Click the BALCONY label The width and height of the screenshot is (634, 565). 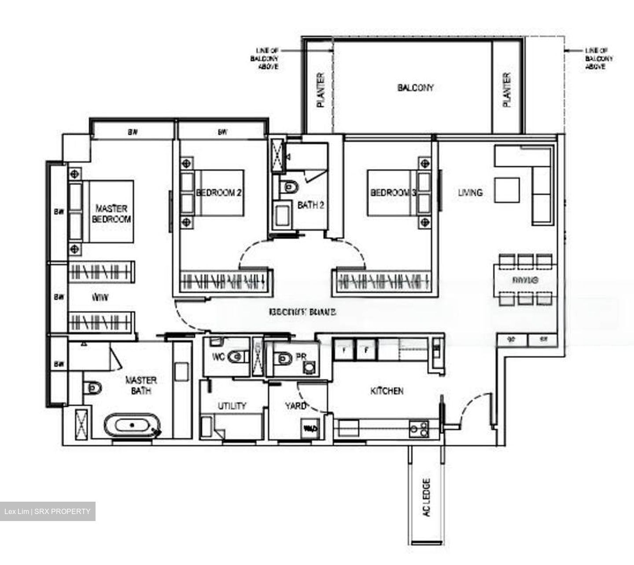click(415, 88)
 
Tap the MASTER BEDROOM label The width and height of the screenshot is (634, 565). click(111, 214)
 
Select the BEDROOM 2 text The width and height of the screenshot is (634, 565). click(219, 193)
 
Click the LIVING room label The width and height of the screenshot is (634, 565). click(470, 193)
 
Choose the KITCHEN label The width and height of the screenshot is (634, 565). click(387, 391)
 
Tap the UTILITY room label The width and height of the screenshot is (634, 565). click(232, 406)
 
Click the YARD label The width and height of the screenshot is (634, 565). click(295, 406)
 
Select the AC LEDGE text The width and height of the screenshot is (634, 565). click(426, 497)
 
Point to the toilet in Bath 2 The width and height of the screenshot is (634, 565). click(290, 187)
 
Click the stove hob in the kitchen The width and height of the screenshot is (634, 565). click(419, 429)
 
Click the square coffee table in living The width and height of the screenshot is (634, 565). click(507, 190)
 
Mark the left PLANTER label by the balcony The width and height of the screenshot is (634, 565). click(321, 90)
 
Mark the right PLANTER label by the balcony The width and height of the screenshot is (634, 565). click(507, 90)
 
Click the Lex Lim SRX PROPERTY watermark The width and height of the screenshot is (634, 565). click(48, 511)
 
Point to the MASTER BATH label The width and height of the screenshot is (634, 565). click(141, 385)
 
